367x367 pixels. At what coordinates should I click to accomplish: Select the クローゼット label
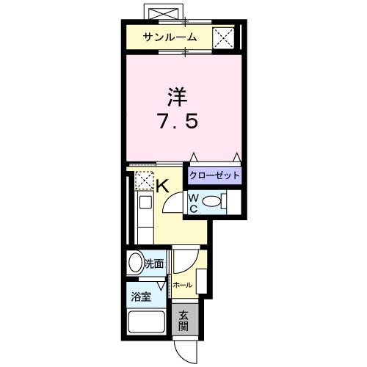click(214, 175)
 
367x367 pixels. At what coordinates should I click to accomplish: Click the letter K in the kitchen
click(163, 186)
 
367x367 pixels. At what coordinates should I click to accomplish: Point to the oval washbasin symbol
click(135, 264)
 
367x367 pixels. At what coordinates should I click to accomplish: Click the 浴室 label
click(142, 298)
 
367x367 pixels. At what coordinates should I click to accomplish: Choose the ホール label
click(182, 285)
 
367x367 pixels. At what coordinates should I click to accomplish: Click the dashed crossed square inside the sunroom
click(223, 37)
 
